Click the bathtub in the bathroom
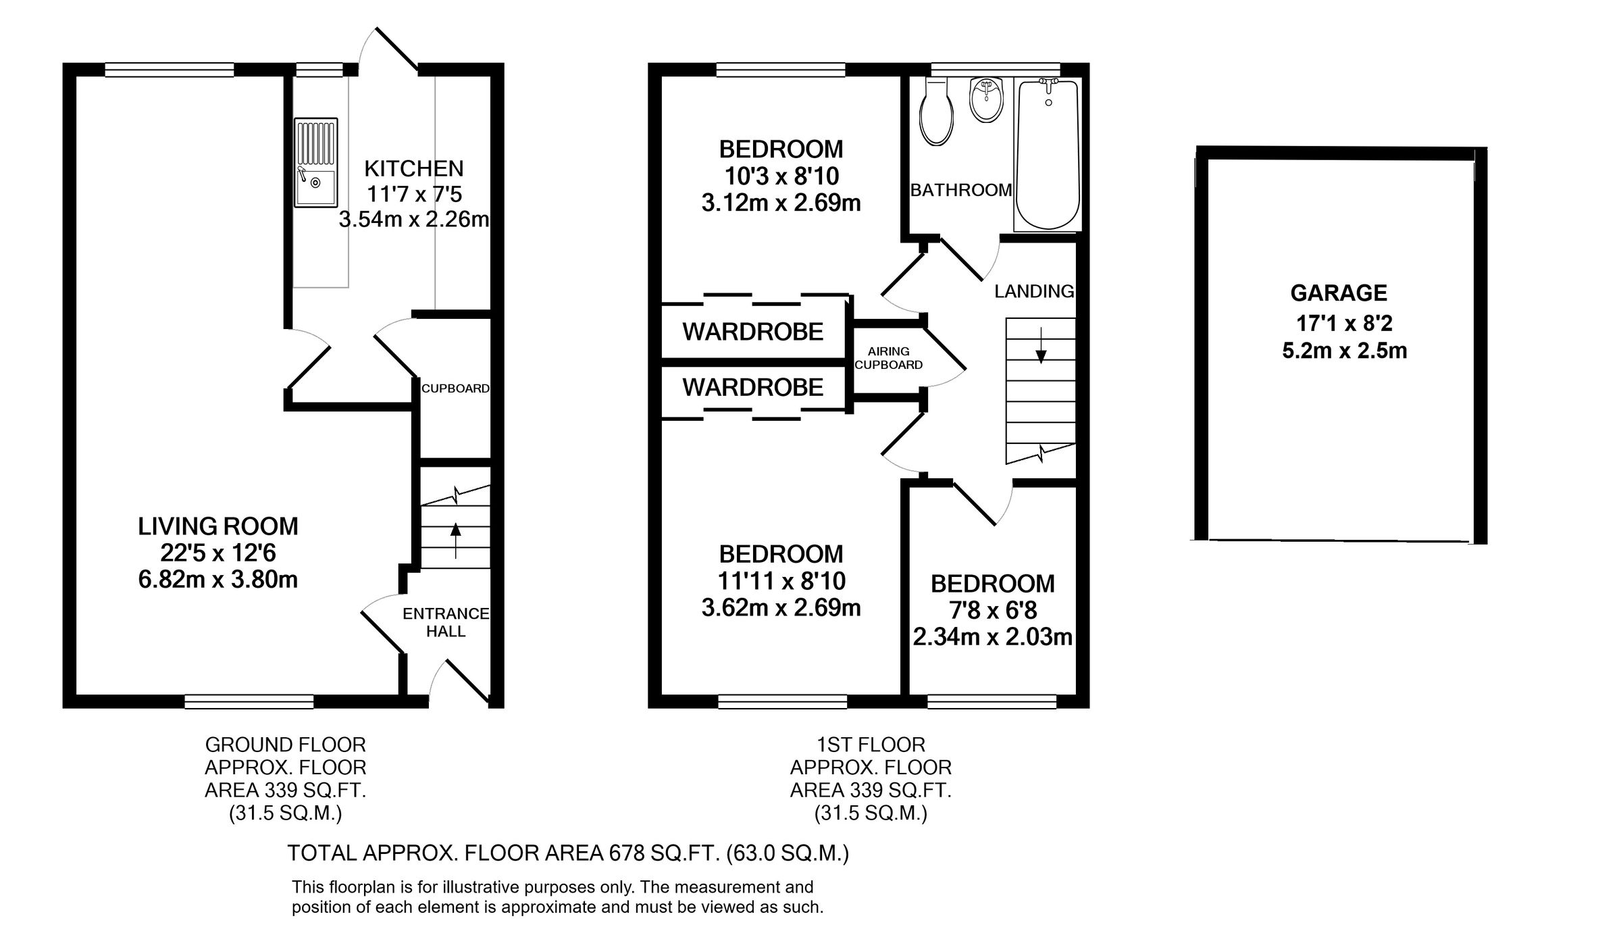coord(1048,154)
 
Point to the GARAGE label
coord(1339,293)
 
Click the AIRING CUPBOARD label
coord(888,358)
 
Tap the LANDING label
coord(1034,291)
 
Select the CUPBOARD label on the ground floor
coord(455,388)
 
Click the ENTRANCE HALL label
coord(446,622)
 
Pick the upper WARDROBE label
coord(752,332)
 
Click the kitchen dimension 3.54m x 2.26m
coord(413,220)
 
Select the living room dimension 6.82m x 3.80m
coord(217,580)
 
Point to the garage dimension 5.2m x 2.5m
coord(1344,351)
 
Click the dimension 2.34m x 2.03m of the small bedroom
coord(992,637)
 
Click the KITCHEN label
coord(413,168)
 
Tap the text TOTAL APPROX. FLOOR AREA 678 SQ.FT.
coord(504,853)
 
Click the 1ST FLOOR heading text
coord(871,745)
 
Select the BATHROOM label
coord(960,191)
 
